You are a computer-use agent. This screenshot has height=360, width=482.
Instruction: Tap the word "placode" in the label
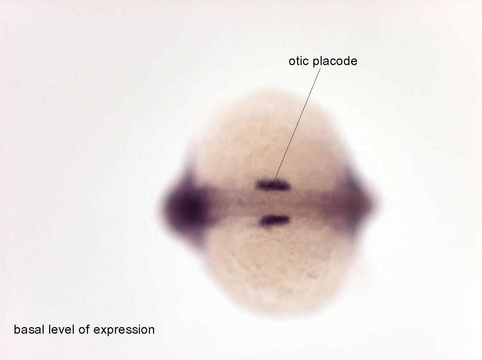(335, 62)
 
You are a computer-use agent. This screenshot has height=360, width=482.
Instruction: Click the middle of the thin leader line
(296, 125)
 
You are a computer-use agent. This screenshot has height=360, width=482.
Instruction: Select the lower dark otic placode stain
(275, 220)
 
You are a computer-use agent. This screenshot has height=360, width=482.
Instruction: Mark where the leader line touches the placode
(273, 183)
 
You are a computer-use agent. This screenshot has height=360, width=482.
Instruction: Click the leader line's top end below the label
(320, 68)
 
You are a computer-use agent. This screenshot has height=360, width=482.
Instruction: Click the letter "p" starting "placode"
(316, 63)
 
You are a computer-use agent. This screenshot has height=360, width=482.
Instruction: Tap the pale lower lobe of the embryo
(275, 270)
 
